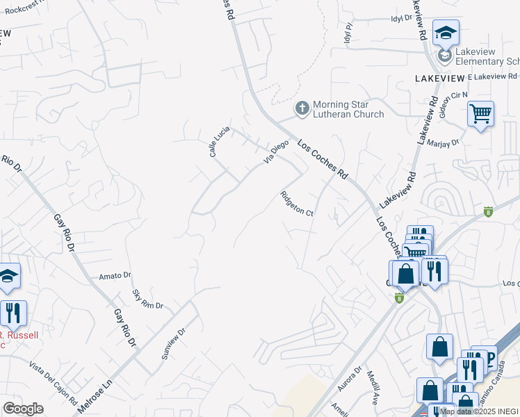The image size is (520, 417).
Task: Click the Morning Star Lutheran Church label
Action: click(x=348, y=109)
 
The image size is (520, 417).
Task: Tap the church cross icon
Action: click(x=302, y=108)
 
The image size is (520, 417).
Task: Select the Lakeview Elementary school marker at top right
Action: click(x=445, y=33)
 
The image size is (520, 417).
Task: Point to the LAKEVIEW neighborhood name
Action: click(x=439, y=78)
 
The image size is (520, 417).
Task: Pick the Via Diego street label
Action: click(x=275, y=152)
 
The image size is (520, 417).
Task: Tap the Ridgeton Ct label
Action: click(x=298, y=204)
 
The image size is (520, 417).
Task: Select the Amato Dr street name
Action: click(x=115, y=276)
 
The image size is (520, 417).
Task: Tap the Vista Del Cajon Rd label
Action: click(x=53, y=382)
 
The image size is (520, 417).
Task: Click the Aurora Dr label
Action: click(x=352, y=380)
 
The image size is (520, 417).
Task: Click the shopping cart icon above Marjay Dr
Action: click(x=480, y=114)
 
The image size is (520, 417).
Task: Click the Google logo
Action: click(x=23, y=409)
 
